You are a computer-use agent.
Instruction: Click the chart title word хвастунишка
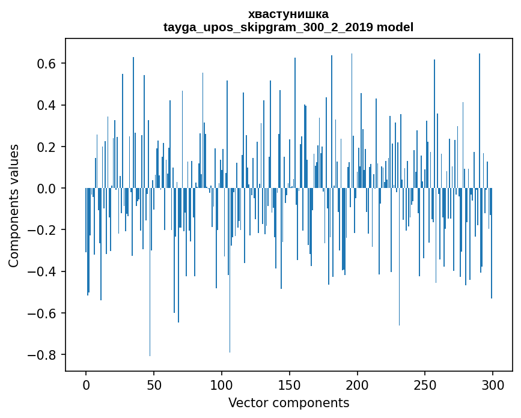(x=288, y=14)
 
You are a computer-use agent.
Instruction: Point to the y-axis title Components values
(x=14, y=205)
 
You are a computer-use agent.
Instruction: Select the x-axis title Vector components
(x=288, y=402)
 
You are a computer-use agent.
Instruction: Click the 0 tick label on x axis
(x=86, y=384)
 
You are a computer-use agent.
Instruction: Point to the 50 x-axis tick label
(x=154, y=384)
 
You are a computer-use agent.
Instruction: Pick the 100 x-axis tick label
(x=222, y=384)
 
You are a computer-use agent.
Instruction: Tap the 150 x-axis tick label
(x=290, y=384)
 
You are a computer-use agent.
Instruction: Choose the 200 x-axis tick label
(x=358, y=384)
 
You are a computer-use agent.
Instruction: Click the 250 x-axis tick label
(x=425, y=384)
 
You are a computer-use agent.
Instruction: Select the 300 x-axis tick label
(x=493, y=384)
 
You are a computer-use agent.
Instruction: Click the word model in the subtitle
(x=395, y=27)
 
